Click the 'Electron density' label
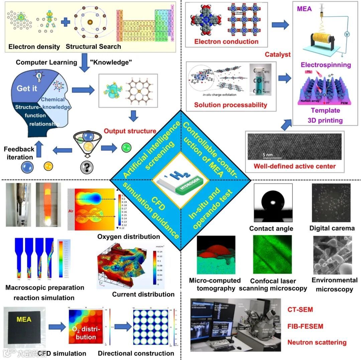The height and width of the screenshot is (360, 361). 29,47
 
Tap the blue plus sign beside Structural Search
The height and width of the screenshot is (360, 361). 66,22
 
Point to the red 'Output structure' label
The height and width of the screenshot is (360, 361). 130,131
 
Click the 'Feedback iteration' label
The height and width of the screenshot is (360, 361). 19,153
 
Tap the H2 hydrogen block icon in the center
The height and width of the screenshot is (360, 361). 180,180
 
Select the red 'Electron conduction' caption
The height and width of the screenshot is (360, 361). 226,41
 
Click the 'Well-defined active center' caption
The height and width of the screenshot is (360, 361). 294,166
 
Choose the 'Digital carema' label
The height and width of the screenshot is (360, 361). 332,229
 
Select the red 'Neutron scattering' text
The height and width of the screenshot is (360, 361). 317,342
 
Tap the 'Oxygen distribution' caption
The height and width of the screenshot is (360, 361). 129,237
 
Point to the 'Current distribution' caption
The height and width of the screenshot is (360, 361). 143,294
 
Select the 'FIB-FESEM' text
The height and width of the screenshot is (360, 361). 305,326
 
